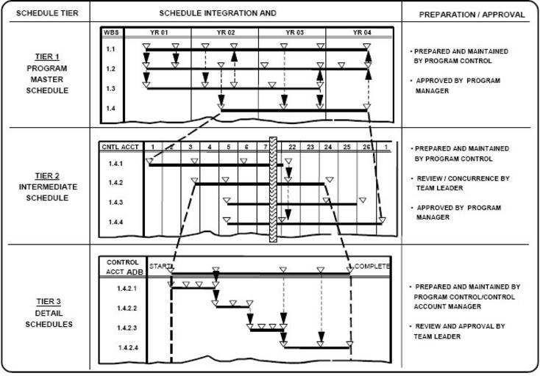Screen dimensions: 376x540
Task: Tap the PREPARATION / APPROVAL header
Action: click(472, 14)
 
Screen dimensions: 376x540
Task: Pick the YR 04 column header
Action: click(362, 32)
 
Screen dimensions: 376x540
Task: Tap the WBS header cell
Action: click(110, 32)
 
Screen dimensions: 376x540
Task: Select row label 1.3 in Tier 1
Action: click(110, 88)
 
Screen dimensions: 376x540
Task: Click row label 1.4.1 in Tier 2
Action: click(116, 164)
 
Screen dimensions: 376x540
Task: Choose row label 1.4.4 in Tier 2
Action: click(116, 221)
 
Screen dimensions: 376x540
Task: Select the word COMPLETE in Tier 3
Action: click(372, 266)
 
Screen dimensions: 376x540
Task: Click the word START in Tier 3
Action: click(158, 266)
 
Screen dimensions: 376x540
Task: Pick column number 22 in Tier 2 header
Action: click(292, 147)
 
